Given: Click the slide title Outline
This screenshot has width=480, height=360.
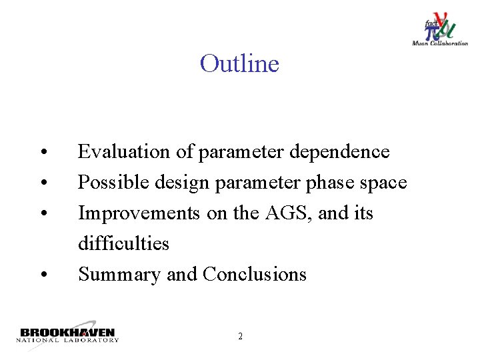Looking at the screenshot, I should [x=239, y=64].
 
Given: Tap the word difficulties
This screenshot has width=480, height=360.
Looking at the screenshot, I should [x=123, y=244].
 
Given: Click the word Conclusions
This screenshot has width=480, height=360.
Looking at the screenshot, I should [x=255, y=275].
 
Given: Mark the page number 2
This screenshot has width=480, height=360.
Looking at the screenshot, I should [x=240, y=337].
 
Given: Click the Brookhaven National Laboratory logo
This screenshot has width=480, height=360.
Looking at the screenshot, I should [x=67, y=335].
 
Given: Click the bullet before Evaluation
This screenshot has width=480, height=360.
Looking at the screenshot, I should [x=42, y=153].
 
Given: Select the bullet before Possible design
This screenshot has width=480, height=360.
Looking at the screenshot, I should [x=42, y=184].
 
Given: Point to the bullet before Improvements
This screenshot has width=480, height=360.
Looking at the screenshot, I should [x=42, y=215].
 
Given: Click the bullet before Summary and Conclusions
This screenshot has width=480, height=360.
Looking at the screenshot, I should [x=42, y=276].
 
